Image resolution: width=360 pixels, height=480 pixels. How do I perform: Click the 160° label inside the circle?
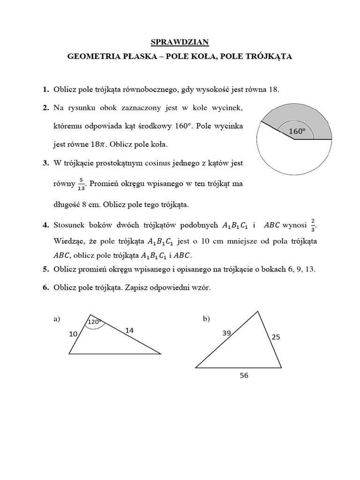(297, 132)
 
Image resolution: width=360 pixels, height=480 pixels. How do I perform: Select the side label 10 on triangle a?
(73, 334)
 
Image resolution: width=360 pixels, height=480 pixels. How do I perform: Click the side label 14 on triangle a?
(129, 330)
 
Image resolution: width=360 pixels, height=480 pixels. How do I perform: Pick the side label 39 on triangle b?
(226, 333)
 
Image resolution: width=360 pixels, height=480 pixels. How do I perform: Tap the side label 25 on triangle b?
(275, 337)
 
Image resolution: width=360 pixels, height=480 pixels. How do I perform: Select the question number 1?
(45, 90)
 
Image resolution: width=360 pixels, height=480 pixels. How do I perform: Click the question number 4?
(45, 225)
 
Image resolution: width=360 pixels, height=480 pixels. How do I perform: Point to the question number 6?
(45, 288)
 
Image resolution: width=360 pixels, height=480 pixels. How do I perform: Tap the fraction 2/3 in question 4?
(313, 225)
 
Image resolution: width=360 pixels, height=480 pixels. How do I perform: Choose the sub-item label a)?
(57, 319)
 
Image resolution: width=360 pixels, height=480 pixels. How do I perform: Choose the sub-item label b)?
(206, 319)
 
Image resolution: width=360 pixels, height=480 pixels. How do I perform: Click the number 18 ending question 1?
(273, 90)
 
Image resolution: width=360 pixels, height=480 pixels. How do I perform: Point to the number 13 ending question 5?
(310, 269)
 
